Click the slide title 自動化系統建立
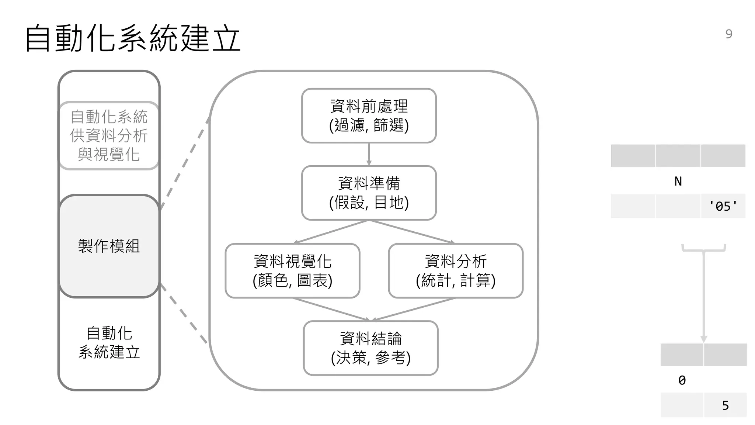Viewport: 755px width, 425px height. pos(133,38)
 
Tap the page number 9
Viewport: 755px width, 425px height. pos(728,34)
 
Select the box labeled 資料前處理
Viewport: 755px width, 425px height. pos(369,115)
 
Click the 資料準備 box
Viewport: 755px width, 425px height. pos(369,193)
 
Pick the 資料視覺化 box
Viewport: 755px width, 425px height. pos(292,270)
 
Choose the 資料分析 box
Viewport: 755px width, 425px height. pos(456,270)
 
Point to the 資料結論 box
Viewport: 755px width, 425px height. pos(370,348)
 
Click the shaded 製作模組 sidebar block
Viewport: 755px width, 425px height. pos(109,246)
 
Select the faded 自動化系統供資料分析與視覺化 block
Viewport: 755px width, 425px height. pos(109,135)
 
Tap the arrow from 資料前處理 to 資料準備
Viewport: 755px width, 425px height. pos(369,154)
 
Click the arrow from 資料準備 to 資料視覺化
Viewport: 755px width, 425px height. pos(332,232)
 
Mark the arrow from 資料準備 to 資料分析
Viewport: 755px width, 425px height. pos(411,232)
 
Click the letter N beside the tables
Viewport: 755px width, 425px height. pos(678,181)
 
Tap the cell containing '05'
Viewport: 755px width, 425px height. pos(723,206)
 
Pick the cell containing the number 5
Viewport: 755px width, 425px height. pos(725,405)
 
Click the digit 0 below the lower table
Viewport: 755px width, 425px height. pos(682,380)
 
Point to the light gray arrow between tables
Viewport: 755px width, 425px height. pos(704,295)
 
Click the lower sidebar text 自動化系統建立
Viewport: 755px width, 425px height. pos(109,342)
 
